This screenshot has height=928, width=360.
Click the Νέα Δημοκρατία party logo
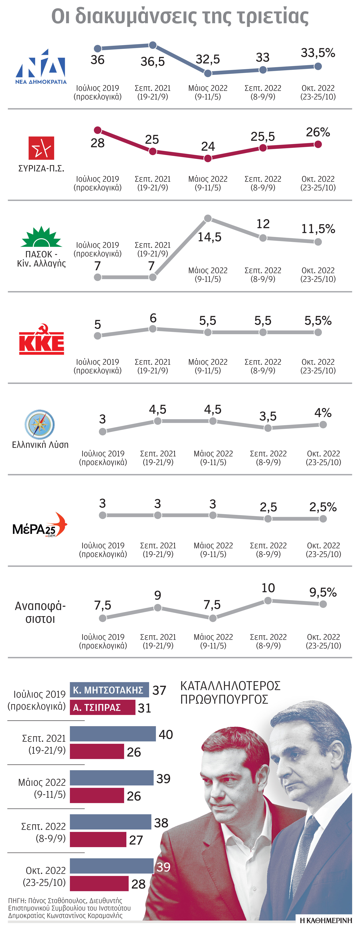41,67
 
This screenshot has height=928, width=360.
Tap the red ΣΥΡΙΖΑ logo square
41,148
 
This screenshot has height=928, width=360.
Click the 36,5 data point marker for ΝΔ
152,45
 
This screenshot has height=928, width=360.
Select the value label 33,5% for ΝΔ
318,53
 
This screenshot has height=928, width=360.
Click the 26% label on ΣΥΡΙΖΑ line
318,132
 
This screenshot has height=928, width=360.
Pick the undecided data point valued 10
268,601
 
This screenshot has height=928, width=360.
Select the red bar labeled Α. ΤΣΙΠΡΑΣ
102,707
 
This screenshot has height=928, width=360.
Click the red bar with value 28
99,883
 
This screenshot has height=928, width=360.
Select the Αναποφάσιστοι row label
40,612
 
